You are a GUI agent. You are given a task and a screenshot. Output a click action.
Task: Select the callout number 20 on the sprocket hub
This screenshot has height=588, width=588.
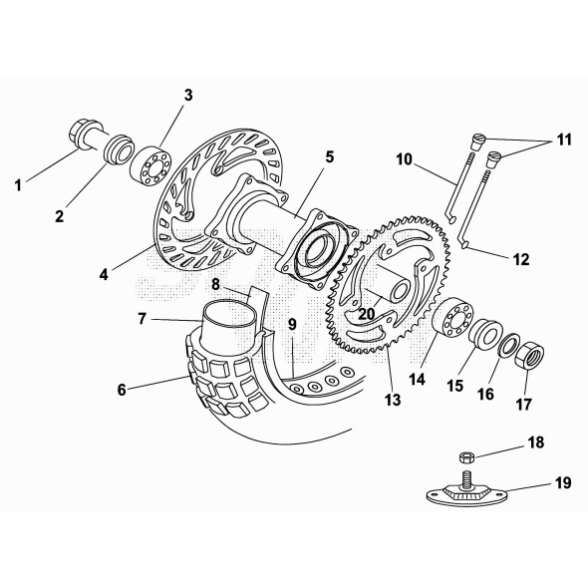[x=367, y=312]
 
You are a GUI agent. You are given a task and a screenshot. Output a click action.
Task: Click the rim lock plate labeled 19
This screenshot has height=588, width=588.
[x=467, y=491]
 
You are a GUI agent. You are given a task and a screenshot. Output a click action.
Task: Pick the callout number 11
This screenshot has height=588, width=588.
[x=565, y=140]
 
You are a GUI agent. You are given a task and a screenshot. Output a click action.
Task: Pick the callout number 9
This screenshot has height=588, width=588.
[x=292, y=323]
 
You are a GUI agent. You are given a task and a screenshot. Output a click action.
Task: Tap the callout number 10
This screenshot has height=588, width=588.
[x=404, y=158]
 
